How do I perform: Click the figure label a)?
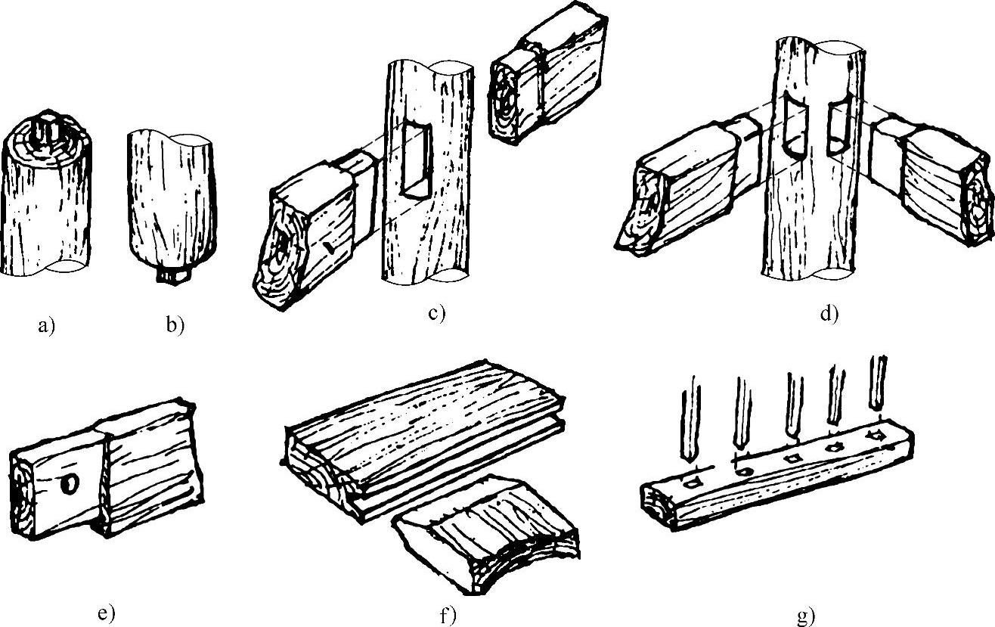click(47, 326)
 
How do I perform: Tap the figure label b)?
click(175, 325)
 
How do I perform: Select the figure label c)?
click(437, 313)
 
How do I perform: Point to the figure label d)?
click(829, 314)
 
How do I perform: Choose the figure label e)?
click(106, 613)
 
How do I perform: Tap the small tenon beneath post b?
click(175, 275)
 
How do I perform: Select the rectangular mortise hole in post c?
click(416, 160)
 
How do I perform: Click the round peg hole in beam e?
click(70, 483)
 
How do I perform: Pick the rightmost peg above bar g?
click(878, 382)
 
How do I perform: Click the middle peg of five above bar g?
click(795, 410)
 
